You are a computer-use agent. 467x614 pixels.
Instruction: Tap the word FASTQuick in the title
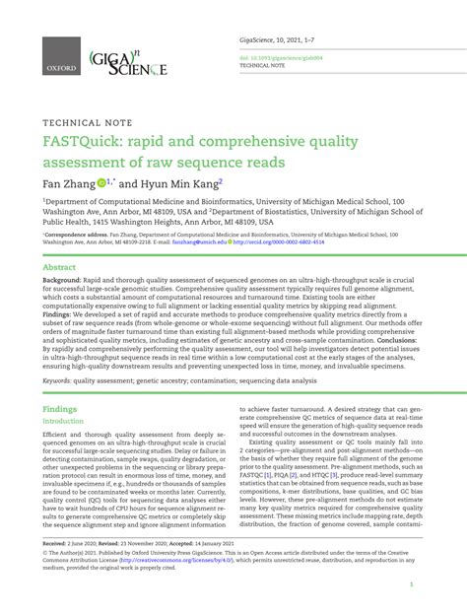pos(85,143)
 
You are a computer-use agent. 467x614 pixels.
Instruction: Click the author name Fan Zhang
pos(68,182)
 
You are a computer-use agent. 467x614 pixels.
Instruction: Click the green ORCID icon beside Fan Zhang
pos(100,182)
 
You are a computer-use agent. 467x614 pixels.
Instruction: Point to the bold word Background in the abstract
pos(61,281)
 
